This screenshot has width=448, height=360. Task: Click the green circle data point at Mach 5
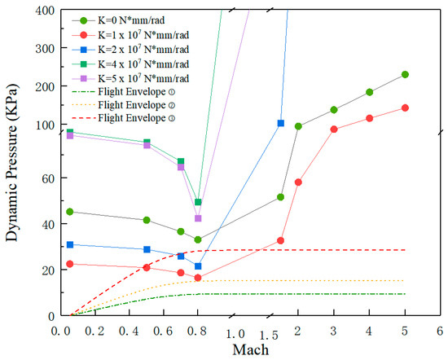pyautogui.click(x=405, y=75)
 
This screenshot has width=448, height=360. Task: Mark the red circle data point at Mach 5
pyautogui.click(x=405, y=108)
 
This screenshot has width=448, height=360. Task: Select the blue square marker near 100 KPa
pyautogui.click(x=281, y=123)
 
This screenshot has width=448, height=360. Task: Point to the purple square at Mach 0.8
pyautogui.click(x=198, y=218)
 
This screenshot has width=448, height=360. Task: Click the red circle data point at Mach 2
pyautogui.click(x=298, y=182)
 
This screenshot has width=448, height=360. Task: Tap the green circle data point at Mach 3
pyautogui.click(x=334, y=110)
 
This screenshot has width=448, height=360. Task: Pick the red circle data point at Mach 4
pyautogui.click(x=369, y=118)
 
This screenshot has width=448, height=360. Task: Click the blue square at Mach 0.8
pyautogui.click(x=198, y=266)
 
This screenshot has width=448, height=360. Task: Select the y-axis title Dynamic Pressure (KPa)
pyautogui.click(x=13, y=163)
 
